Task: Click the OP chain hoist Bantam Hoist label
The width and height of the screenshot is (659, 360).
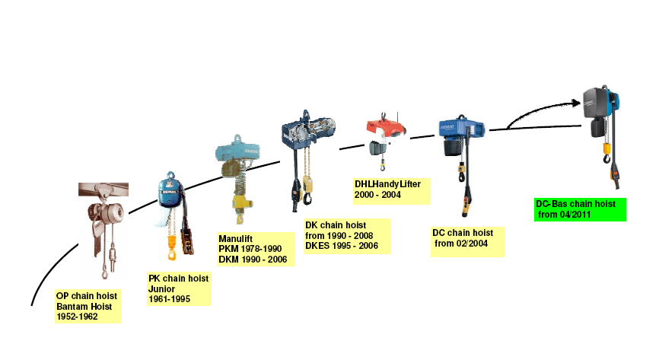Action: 88,306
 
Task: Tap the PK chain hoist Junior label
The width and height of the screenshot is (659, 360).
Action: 179,289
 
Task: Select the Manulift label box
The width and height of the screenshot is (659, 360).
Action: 256,249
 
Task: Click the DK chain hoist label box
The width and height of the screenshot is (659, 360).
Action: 347,236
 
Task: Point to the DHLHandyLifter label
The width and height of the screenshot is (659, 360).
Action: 392,191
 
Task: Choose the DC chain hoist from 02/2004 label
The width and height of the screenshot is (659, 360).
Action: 467,242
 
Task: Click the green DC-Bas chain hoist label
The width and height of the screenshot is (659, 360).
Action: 580,209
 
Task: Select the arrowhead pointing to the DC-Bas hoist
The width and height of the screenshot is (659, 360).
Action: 576,103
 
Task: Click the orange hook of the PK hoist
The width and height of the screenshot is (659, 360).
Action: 172,248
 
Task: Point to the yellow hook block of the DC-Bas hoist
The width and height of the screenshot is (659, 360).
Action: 606,149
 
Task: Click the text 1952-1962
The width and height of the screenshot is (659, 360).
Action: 78,317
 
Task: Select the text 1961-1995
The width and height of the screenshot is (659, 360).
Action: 170,299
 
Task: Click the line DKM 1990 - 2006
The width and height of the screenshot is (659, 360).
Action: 253,260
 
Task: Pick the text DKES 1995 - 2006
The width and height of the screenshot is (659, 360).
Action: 342,246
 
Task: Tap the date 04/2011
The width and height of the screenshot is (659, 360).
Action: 575,215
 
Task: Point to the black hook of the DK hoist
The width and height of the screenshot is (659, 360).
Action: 307,198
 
